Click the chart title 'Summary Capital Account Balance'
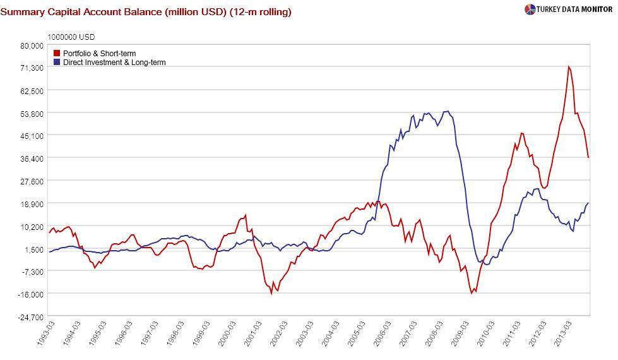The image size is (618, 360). pyautogui.click(x=146, y=12)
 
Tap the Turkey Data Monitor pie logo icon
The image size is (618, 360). pyautogui.click(x=530, y=9)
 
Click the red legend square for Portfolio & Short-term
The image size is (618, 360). pyautogui.click(x=57, y=54)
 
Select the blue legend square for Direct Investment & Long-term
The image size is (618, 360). pyautogui.click(x=57, y=63)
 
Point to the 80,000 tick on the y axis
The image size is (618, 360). pyautogui.click(x=32, y=45)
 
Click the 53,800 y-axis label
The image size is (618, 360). pyautogui.click(x=32, y=114)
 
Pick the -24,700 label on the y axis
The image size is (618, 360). pyautogui.click(x=31, y=317)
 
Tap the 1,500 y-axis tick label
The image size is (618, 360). pyautogui.click(x=34, y=249)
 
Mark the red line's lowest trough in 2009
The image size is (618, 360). pyautogui.click(x=472, y=293)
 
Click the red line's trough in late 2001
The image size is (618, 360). pyautogui.click(x=272, y=293)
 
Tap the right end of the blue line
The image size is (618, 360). pyautogui.click(x=588, y=203)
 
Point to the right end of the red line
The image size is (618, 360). pyautogui.click(x=588, y=157)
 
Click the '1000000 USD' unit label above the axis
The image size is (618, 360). pyautogui.click(x=71, y=37)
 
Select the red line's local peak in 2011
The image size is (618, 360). pyautogui.click(x=521, y=133)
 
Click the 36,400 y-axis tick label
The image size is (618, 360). pyautogui.click(x=32, y=159)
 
